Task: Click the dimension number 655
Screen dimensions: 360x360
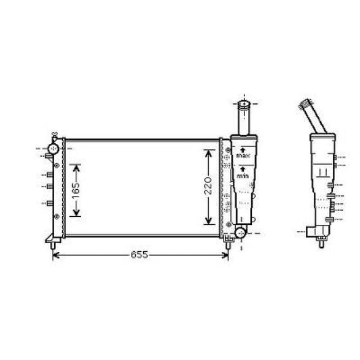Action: coord(139,255)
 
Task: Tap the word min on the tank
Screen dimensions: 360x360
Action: coord(242,176)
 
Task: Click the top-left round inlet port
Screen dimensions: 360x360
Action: coord(53,147)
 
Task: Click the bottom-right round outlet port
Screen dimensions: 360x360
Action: coord(238,233)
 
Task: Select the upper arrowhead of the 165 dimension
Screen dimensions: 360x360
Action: coord(76,164)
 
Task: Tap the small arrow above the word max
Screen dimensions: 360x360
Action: coord(242,149)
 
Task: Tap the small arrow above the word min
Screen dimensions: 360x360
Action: coord(242,168)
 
